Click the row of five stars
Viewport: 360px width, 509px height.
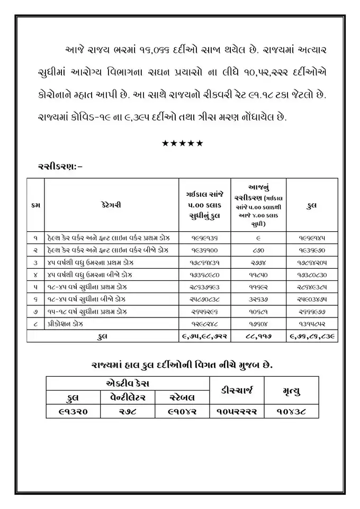[182, 143]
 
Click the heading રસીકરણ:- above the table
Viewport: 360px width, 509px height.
[60, 166]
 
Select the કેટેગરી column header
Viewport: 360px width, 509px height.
[111, 205]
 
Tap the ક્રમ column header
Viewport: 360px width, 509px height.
[35, 205]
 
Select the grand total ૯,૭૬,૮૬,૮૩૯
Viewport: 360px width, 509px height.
[312, 335]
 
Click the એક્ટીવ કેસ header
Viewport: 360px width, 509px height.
[128, 383]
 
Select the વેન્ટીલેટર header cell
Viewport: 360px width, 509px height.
[127, 397]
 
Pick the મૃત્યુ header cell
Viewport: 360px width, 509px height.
[292, 390]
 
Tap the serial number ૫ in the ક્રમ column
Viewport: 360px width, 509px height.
[35, 286]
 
